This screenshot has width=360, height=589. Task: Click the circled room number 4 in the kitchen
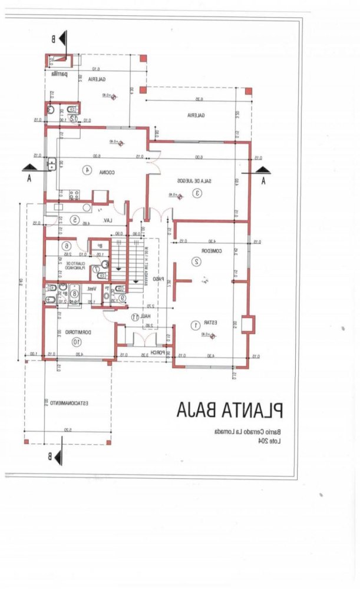click(x=87, y=170)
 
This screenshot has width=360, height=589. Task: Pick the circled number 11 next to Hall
click(x=135, y=316)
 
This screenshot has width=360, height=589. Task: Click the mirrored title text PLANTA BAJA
click(x=230, y=409)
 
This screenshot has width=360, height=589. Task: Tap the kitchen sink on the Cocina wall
click(x=52, y=164)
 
